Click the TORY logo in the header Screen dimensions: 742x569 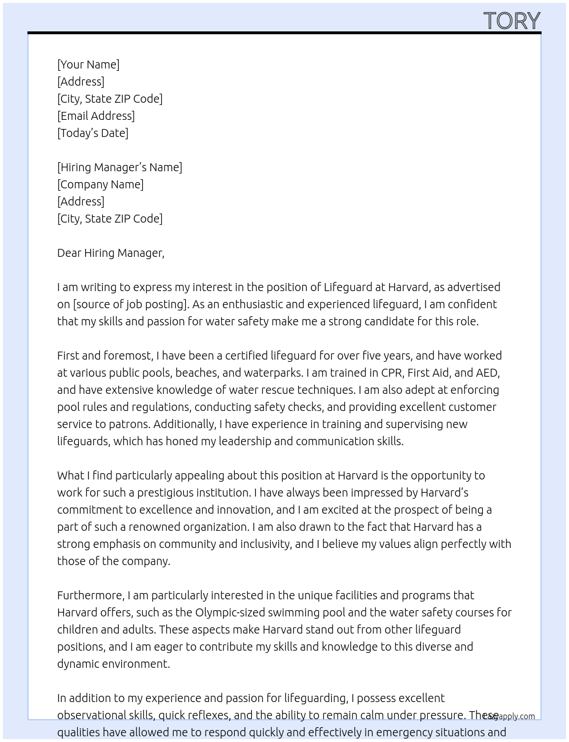tap(511, 21)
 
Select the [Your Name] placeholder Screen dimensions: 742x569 tap(88, 64)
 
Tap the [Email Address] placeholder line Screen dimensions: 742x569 tap(96, 116)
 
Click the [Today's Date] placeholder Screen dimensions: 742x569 tap(93, 133)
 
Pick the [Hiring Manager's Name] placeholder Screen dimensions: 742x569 tap(119, 167)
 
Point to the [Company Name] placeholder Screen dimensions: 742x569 tap(100, 184)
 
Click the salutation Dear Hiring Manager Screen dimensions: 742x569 tap(110, 253)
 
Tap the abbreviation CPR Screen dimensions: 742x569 tap(391, 373)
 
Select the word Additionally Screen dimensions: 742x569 tap(185, 424)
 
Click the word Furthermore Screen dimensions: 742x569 tap(91, 595)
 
